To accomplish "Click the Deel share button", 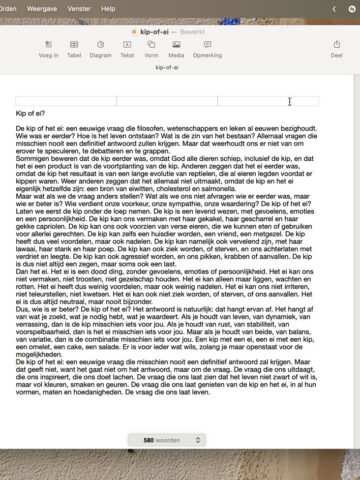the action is coord(336,50).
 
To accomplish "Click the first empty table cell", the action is coord(66,101).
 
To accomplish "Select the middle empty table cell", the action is coord(167,101).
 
